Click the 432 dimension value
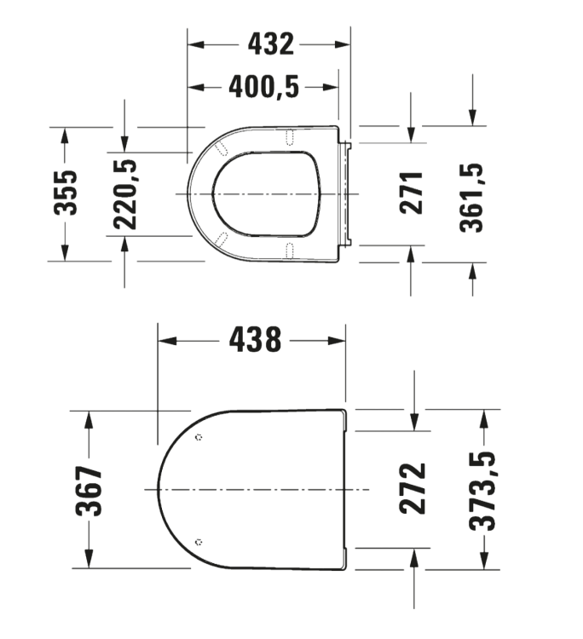pos(271,44)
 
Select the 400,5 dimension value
pos(263,87)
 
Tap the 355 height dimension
pos(66,193)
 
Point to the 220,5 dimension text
pos(125,194)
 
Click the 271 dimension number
pos(412,193)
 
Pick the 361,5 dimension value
pos(471,198)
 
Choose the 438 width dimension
pos(255,340)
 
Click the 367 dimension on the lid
pos(89,492)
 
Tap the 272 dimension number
pos(413,488)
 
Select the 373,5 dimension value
pos(482,491)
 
